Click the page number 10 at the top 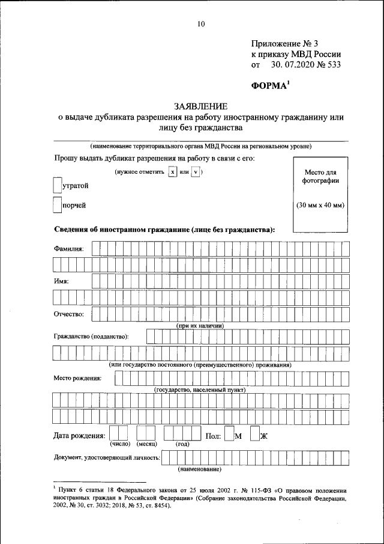pos(200,24)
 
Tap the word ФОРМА pos(269,86)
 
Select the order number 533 pos(331,64)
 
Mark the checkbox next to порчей pos(58,206)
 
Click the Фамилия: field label pos(69,248)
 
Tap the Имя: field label pos(62,281)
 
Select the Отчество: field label pos(69,313)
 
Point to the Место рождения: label pos(77,378)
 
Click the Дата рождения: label pos(80,435)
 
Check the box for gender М pos(229,435)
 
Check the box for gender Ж pos(254,435)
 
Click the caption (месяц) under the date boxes pos(146,444)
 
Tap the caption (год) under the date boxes pos(182,445)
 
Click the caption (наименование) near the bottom pos(200,469)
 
